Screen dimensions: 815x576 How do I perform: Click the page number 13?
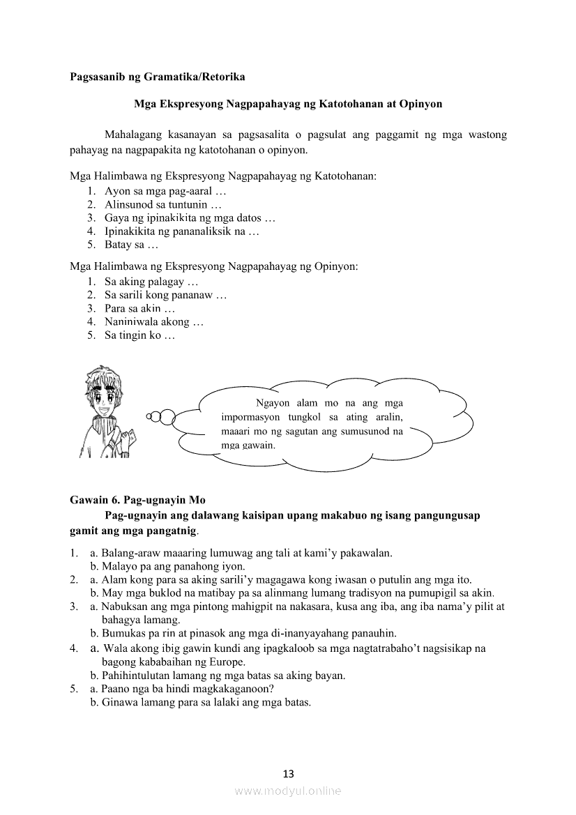pos(288,773)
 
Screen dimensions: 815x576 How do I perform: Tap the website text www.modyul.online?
pos(287,791)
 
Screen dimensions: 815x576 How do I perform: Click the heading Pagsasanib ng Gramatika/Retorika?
pos(158,76)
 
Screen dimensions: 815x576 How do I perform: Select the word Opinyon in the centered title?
pos(421,104)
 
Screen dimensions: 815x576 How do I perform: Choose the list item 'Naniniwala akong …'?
pos(153,322)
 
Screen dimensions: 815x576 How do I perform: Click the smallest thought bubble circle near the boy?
pos(149,417)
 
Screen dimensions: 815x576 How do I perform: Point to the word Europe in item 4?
pos(226,662)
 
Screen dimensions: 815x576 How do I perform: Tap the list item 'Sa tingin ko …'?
pos(139,335)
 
